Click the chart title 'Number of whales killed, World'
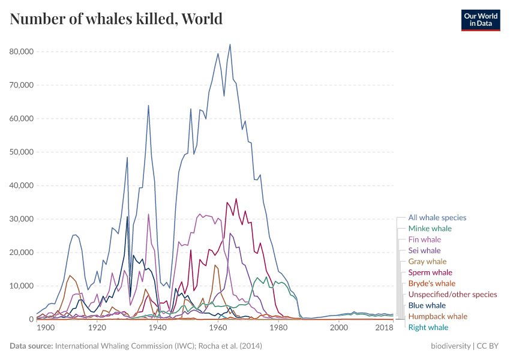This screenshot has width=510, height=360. coord(116,19)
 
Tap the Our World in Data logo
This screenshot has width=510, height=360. coord(480,20)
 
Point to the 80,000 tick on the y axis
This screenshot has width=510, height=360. coord(22,52)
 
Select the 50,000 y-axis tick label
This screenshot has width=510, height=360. coord(22,152)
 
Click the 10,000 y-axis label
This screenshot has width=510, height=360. coord(22,286)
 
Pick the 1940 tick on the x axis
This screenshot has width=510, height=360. coord(158,328)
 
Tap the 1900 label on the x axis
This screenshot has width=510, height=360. coord(46,328)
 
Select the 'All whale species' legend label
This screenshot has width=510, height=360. coord(437,218)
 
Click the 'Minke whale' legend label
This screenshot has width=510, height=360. coord(430,229)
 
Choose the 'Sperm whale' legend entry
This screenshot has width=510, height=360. coord(430,272)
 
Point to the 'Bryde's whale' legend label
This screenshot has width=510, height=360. coord(431,283)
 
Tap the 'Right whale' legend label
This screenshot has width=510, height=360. coord(428,327)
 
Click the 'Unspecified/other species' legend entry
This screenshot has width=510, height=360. coord(452,294)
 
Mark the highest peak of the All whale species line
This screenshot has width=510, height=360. coord(230,44)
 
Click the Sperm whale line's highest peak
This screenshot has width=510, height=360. coord(236,199)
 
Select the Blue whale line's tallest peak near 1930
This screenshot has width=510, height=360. coord(127,217)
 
